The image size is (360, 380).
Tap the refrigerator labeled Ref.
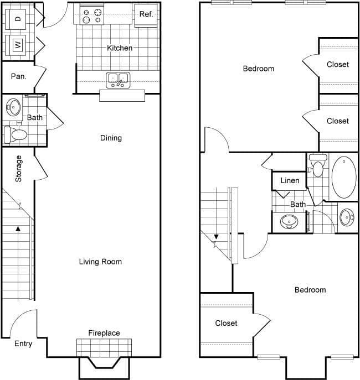point(146,14)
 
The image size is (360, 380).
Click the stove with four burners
point(92,15)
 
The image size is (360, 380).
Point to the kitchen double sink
point(118,80)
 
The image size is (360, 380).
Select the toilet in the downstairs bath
point(16,133)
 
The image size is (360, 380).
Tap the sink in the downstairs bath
point(13,106)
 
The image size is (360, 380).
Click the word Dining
point(111,138)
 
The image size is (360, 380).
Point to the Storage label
point(18,169)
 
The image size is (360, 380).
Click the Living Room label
point(100,262)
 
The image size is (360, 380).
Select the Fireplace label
point(104,333)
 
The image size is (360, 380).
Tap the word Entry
point(23,343)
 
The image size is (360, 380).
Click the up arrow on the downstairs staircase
point(18,227)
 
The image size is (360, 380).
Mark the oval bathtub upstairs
point(344,178)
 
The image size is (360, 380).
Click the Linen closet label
point(290,180)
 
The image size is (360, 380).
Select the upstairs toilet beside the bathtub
point(317,166)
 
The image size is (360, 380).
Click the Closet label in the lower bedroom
point(226,323)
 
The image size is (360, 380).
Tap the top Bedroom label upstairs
point(259,69)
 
